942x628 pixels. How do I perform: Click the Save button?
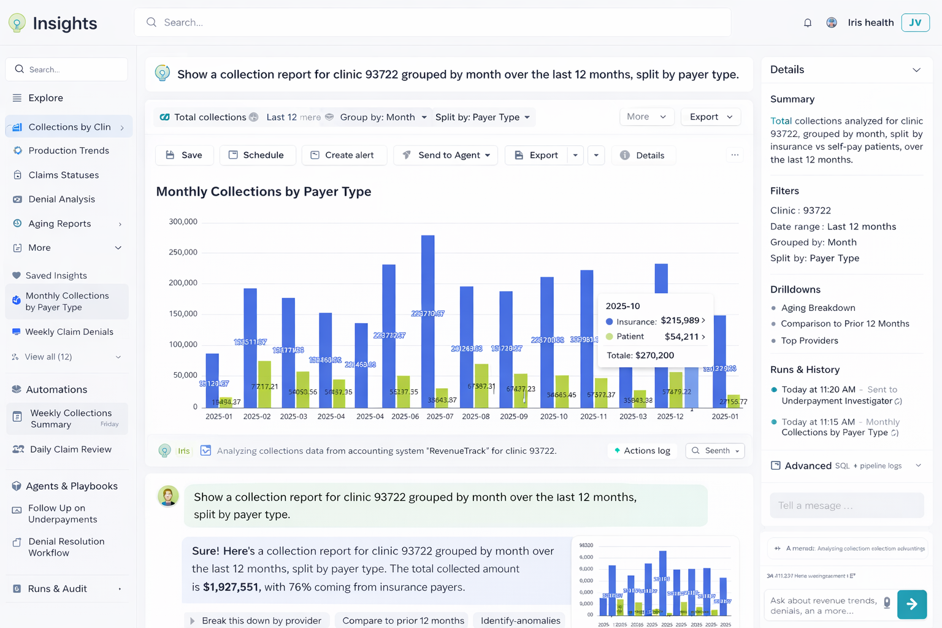pos(184,155)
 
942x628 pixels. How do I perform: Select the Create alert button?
pos(343,155)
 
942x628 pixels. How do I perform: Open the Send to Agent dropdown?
pos(446,155)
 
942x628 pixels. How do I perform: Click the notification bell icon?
pos(808,23)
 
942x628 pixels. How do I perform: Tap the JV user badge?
pos(915,23)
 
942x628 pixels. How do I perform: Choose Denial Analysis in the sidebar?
pos(61,199)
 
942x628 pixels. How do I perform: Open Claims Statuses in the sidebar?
pos(63,175)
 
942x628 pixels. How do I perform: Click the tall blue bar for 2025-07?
pos(428,319)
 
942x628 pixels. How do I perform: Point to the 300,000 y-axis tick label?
pos(183,221)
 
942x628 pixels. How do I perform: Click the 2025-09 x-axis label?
pos(513,416)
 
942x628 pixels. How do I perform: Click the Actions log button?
pos(642,451)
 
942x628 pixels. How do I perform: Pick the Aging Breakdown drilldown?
pos(818,308)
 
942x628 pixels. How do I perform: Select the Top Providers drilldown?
pos(809,340)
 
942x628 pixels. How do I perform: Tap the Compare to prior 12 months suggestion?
pos(403,621)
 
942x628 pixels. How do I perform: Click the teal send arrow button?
pos(912,604)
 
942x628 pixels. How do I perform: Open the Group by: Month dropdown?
pos(383,117)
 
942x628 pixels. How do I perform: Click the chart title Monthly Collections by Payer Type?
pos(264,191)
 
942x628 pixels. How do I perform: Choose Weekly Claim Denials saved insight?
pos(69,332)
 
